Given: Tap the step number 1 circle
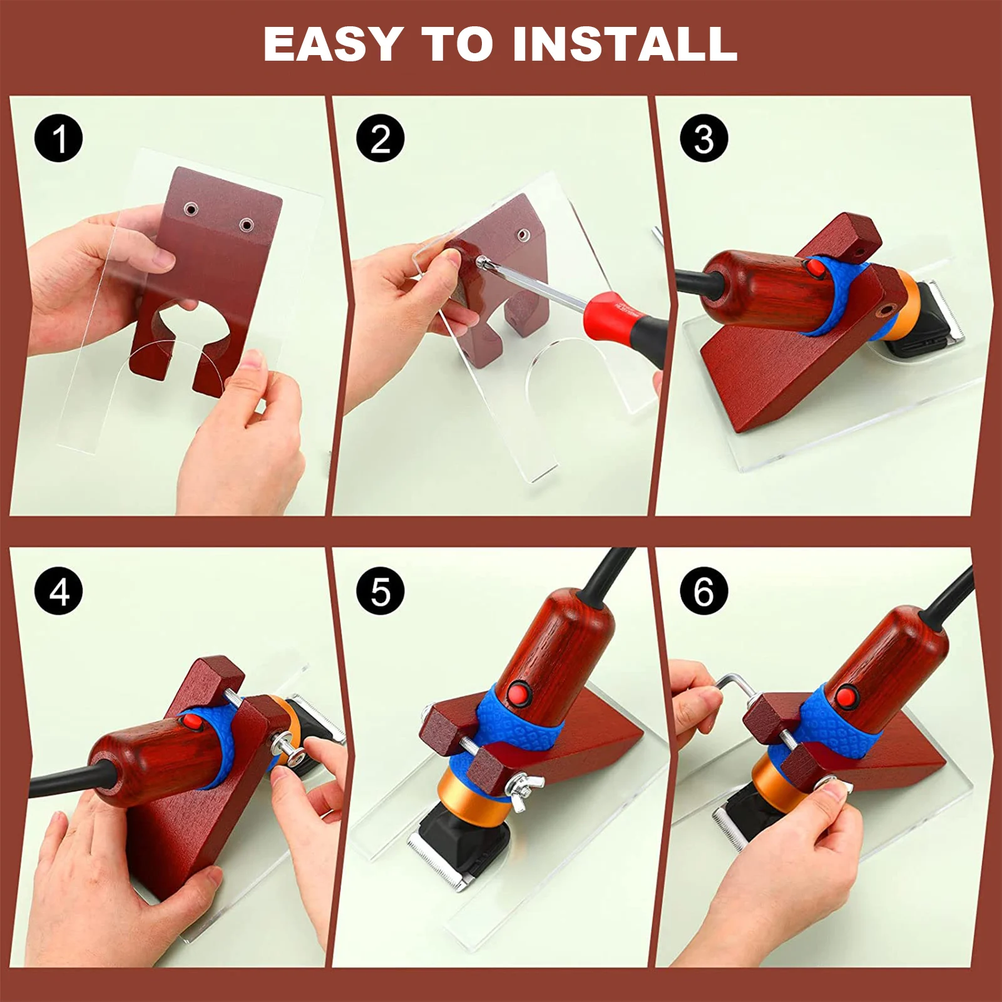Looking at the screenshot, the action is pos(59,138).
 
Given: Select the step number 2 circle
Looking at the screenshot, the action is pos(381,138).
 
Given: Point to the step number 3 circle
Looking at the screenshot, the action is pos(704,138).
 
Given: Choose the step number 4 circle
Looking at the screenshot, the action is pos(59,591).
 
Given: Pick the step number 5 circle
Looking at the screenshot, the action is pos(381,591).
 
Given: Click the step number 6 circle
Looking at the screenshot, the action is pos(704,591).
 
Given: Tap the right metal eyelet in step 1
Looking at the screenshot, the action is pos(247,224).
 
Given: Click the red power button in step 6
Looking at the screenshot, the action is pos(846,696).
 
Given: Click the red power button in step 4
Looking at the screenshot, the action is pos(193,723).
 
